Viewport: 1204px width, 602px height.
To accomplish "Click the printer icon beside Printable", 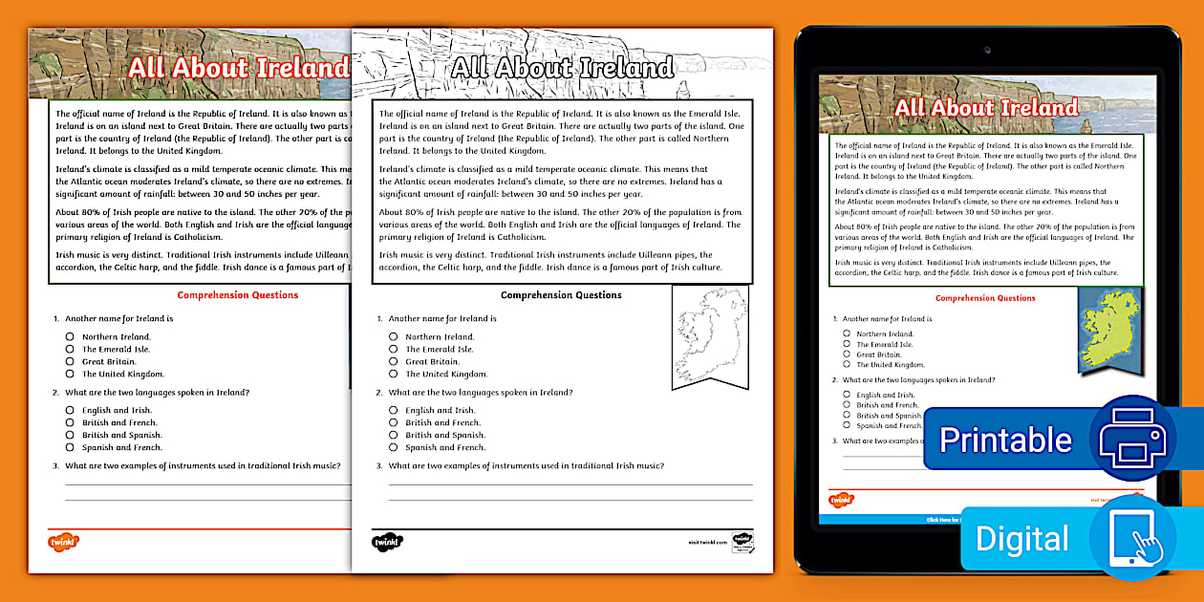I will pos(1132,438).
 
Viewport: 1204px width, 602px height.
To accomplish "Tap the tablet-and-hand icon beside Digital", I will pos(1132,537).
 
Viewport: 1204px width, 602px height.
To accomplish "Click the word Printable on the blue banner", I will pos(1005,440).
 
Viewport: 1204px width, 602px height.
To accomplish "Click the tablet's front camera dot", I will pos(987,49).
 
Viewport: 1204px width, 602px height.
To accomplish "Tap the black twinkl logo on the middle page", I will pos(388,542).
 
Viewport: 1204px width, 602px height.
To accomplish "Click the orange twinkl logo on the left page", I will pos(63,542).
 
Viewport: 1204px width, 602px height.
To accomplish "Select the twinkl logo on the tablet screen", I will pos(841,500).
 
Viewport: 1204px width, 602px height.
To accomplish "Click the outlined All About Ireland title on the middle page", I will pos(562,68).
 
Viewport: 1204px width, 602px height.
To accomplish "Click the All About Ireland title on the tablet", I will pos(986,108).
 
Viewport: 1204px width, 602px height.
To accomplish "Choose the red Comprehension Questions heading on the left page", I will pos(238,295).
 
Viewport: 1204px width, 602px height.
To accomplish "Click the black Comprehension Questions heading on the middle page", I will pos(561,295).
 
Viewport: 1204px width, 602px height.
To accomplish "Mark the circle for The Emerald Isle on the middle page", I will pos(394,349).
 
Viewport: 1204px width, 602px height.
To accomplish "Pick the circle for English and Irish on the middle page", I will pos(394,410).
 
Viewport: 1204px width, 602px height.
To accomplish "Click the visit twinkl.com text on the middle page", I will pos(707,542).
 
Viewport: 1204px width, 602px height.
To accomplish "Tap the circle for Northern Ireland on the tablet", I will pos(847,333).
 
